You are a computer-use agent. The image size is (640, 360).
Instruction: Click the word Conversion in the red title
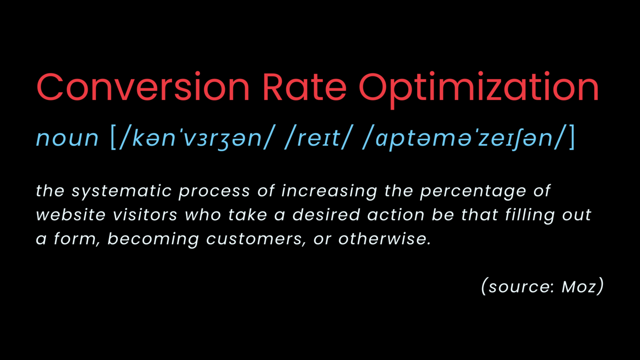click(143, 88)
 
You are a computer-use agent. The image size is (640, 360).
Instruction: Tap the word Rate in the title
click(304, 88)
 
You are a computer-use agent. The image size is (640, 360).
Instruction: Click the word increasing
click(329, 192)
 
